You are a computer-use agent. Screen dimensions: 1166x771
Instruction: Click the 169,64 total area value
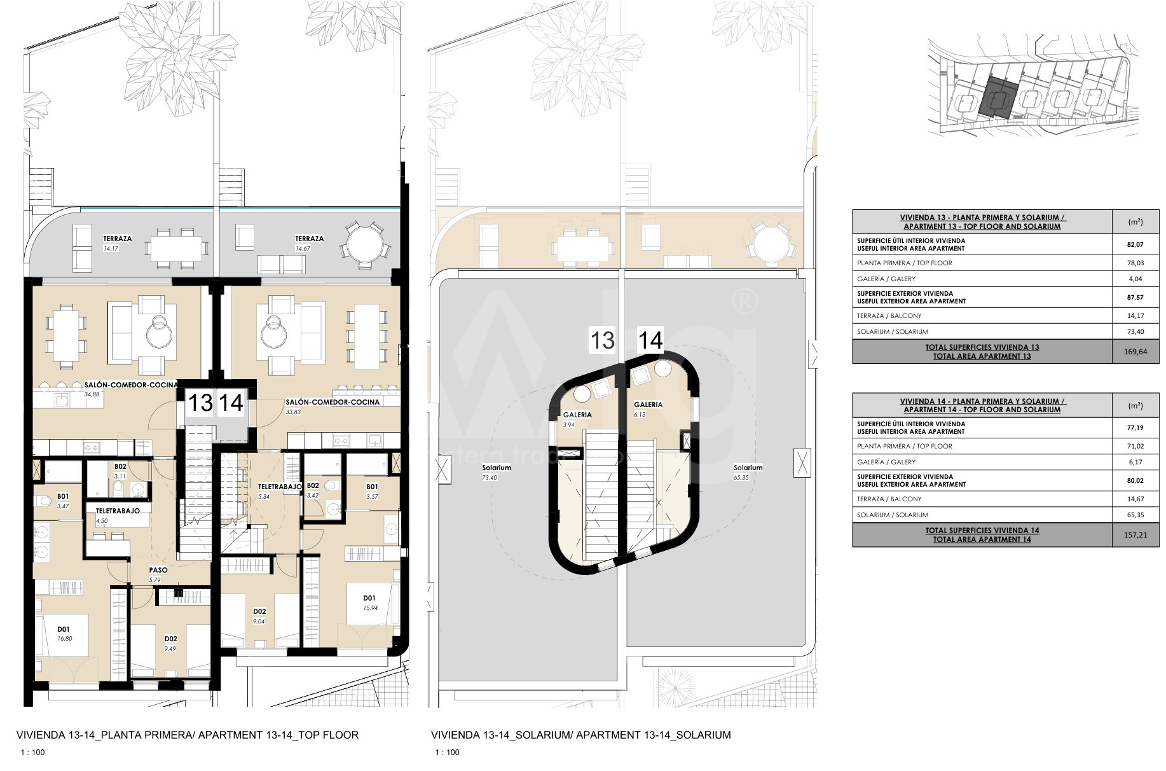coord(1135,352)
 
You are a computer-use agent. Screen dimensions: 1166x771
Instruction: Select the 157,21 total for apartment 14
coord(1135,535)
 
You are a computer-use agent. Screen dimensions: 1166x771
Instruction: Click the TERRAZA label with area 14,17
coord(118,239)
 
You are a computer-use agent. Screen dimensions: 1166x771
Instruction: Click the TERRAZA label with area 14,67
coord(310,239)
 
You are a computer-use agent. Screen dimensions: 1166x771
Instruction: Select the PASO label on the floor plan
coord(158,570)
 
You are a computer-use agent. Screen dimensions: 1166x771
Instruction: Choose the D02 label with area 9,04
coord(259,612)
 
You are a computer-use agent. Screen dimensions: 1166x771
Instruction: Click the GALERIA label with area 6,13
coord(648,405)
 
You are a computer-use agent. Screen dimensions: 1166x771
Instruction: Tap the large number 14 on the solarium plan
coord(650,340)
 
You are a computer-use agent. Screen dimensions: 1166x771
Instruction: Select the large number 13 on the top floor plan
coord(201,403)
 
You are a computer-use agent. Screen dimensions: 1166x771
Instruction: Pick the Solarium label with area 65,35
coord(748,468)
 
